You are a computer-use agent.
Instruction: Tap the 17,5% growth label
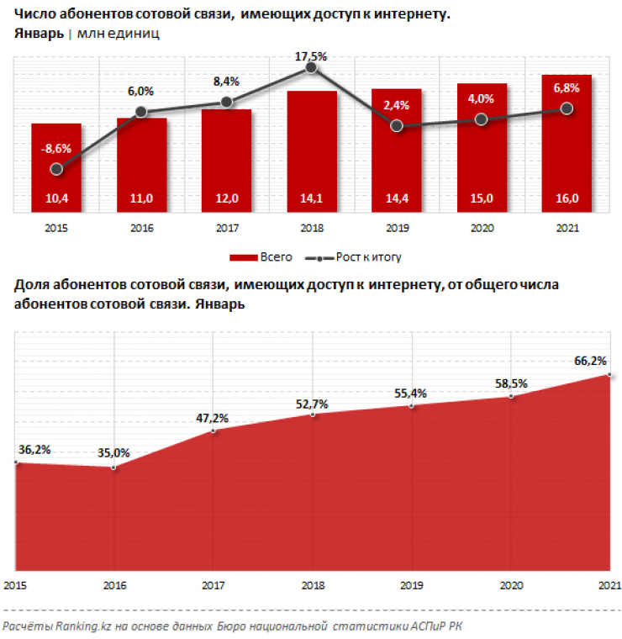coord(311,56)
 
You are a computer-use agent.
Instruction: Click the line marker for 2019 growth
coord(397,126)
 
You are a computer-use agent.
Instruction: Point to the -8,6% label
coord(56,149)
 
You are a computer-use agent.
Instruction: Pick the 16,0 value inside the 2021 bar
coord(567,198)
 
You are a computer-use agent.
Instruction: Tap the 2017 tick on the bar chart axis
coord(226,227)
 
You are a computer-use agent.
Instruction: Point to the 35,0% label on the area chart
coord(113,452)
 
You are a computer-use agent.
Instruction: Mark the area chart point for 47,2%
coord(213,430)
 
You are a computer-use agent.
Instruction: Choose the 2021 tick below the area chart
coord(609,586)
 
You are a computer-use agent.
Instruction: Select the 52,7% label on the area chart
coord(312,404)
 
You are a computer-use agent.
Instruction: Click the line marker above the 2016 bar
coord(141,111)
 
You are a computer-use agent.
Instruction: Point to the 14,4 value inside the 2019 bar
coord(397,198)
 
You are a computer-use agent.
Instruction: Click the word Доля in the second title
coord(31,286)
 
